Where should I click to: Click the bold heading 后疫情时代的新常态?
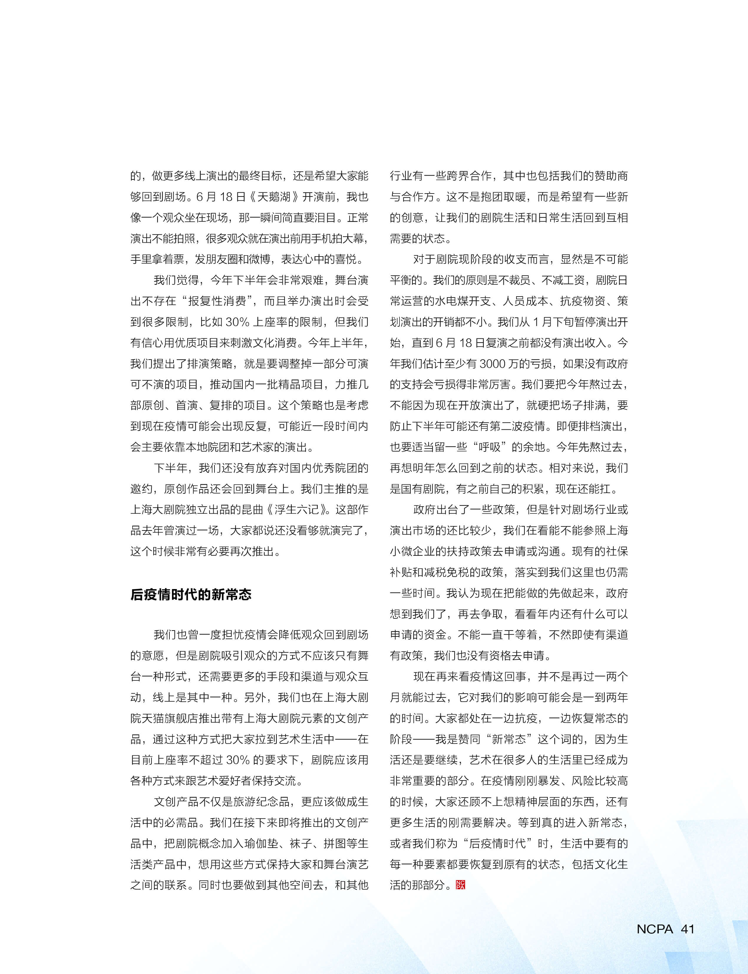pyautogui.click(x=191, y=594)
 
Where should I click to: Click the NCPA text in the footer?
pyautogui.click(x=655, y=929)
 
